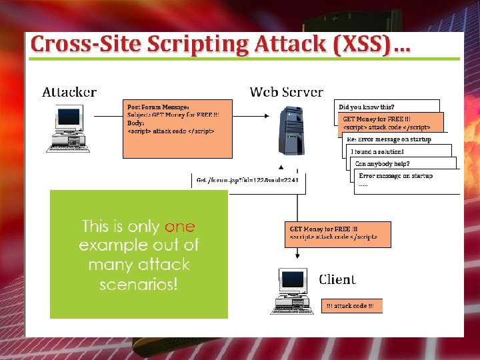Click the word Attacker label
[x=69, y=93]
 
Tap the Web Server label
[x=286, y=93]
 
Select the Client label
[x=337, y=279]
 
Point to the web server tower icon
[x=292, y=131]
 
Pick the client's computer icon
[x=292, y=291]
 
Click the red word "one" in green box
[x=179, y=227]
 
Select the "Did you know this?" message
[x=367, y=107]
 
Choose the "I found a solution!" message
[x=377, y=152]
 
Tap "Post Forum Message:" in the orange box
[x=159, y=107]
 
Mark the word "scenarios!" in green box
[x=139, y=285]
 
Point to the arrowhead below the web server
[x=281, y=168]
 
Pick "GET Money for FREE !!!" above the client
[x=323, y=228]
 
